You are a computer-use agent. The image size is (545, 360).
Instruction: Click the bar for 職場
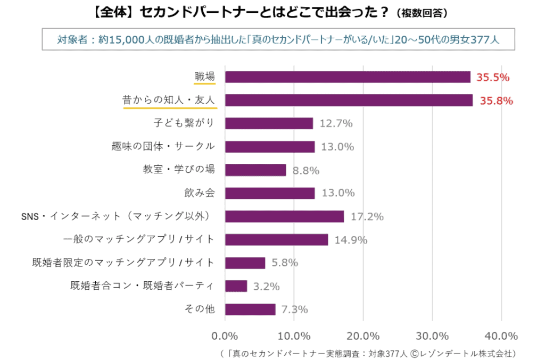pos(348,77)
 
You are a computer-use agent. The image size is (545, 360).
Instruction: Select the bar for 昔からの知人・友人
pos(349,100)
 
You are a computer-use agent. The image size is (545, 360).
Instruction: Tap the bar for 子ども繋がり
pos(269,123)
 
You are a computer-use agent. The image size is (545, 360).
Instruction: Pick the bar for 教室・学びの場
pos(255,170)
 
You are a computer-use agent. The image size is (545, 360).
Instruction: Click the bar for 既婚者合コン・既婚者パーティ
pos(236,286)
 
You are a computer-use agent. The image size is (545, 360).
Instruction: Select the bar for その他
pos(250,309)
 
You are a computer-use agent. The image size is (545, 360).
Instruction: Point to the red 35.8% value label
pos(496,101)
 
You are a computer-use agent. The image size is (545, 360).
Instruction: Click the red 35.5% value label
pos(493,78)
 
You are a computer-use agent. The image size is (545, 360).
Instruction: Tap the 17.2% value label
pos(367,216)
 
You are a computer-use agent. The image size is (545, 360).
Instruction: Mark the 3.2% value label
pos(267,287)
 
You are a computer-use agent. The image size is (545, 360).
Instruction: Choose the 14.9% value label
pos(351,240)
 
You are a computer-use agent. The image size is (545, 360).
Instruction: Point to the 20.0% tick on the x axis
pos(363,336)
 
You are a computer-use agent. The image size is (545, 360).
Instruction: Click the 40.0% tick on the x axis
pos(501,336)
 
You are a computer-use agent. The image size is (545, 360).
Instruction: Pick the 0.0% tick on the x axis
pos(225,336)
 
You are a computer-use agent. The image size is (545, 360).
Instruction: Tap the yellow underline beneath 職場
pos(204,83)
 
